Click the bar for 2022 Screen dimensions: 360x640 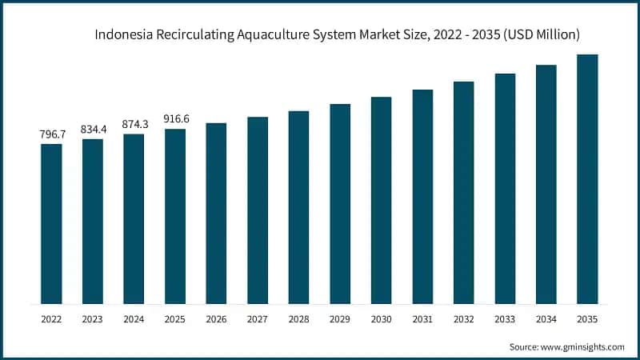(51, 224)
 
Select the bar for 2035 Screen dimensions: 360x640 (588, 179)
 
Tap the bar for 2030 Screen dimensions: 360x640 (382, 201)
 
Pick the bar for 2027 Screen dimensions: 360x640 (258, 210)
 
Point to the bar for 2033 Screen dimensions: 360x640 (505, 189)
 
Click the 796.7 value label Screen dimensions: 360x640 (51, 134)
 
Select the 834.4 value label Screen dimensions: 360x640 (93, 130)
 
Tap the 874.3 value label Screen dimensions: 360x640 (134, 124)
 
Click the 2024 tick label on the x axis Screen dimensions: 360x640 (134, 319)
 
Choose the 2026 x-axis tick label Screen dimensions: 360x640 (216, 319)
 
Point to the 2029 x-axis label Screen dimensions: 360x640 (340, 319)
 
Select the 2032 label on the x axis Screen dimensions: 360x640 (464, 319)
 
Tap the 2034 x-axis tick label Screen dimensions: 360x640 (546, 319)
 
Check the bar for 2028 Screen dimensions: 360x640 (298, 207)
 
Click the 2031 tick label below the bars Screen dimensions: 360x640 (422, 319)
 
